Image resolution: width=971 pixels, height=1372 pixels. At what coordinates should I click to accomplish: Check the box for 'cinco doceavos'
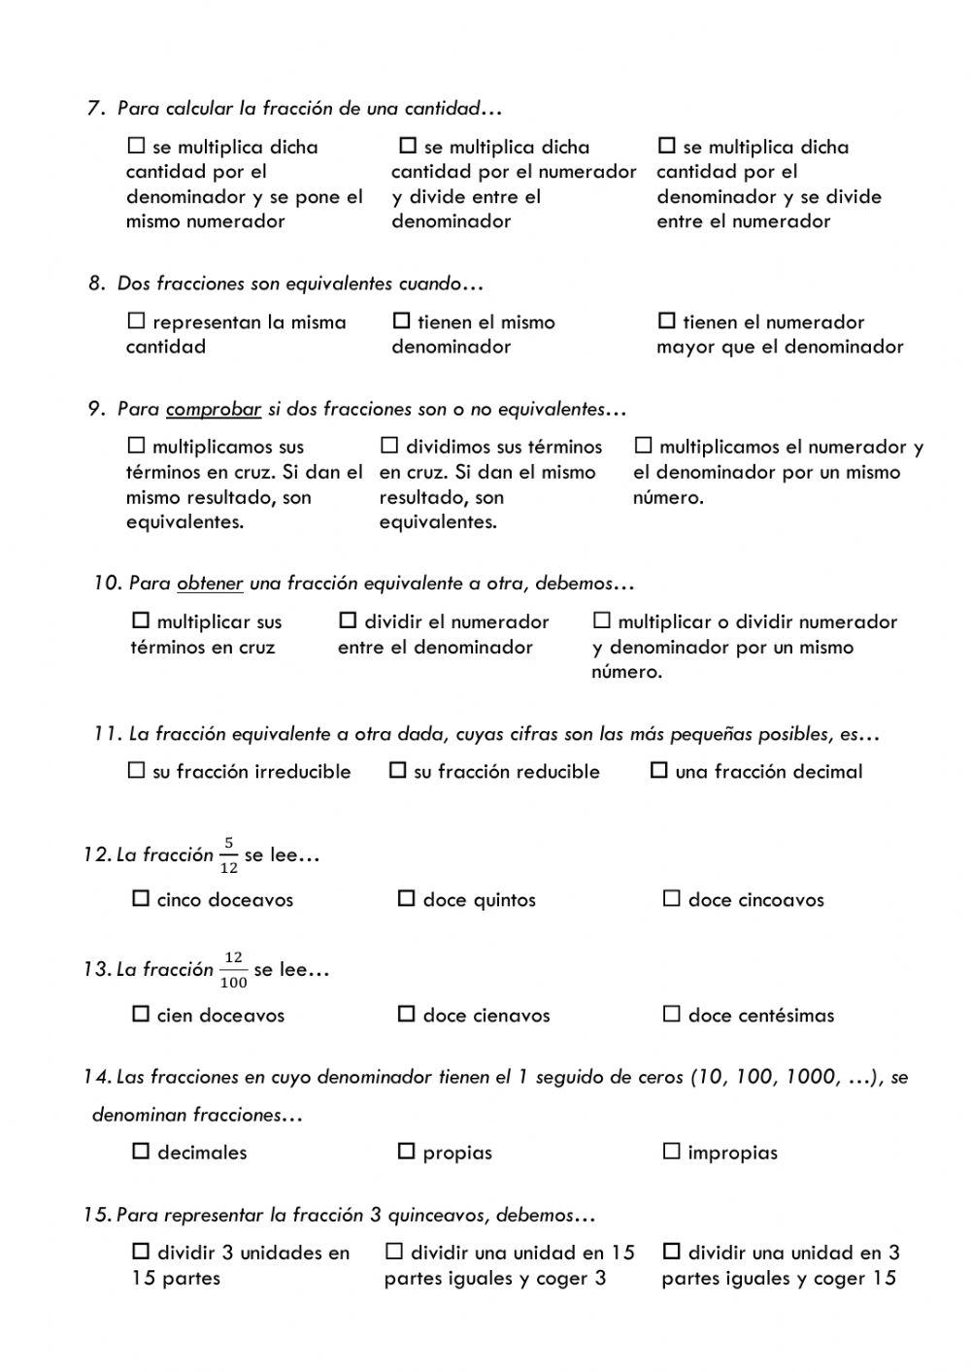[141, 899]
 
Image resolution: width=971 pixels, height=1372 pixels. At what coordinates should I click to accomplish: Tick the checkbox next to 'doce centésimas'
[671, 1015]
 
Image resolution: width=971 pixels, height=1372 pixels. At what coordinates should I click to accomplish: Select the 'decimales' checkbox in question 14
[141, 1152]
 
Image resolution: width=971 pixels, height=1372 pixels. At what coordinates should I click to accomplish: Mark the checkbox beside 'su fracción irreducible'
[136, 771]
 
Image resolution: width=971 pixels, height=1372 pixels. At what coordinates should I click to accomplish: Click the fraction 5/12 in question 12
[228, 854]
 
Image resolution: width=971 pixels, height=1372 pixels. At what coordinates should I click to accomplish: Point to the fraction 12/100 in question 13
[233, 969]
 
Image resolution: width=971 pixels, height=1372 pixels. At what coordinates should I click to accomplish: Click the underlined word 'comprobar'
[214, 410]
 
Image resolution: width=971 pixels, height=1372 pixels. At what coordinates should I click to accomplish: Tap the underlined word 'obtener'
[210, 584]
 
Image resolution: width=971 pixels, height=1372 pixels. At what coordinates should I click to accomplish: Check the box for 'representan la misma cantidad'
[136, 321]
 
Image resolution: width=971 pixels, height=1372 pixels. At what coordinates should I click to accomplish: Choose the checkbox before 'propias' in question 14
[406, 1152]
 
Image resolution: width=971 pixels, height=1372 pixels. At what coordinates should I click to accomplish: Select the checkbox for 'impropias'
[671, 1152]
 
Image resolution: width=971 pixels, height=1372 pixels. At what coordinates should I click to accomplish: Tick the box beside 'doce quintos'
[406, 899]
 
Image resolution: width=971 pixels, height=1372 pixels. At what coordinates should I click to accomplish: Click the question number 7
[95, 109]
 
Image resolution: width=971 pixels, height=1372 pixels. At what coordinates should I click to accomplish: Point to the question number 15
[96, 1215]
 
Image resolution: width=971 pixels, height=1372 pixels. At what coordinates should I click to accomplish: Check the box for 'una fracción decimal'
[659, 771]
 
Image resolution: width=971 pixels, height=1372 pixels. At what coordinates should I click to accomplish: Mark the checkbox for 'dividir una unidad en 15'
[394, 1252]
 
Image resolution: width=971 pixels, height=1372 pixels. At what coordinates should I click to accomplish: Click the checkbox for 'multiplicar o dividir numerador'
[602, 620]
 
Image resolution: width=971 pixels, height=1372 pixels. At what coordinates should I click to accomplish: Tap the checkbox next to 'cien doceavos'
[141, 1015]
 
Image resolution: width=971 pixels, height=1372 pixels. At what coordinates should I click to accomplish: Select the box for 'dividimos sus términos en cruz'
[389, 446]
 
